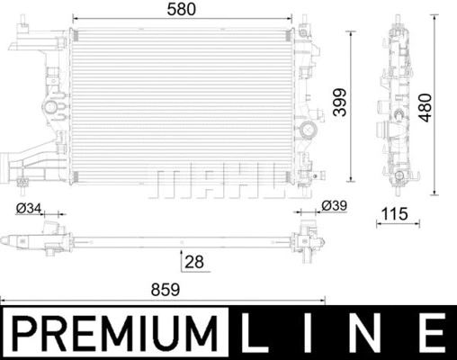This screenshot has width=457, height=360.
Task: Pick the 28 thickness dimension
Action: pyautogui.click(x=194, y=262)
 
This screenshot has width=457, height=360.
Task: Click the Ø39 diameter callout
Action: pyautogui.click(x=334, y=207)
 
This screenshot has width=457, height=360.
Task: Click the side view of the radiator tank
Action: pyautogui.click(x=397, y=103)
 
